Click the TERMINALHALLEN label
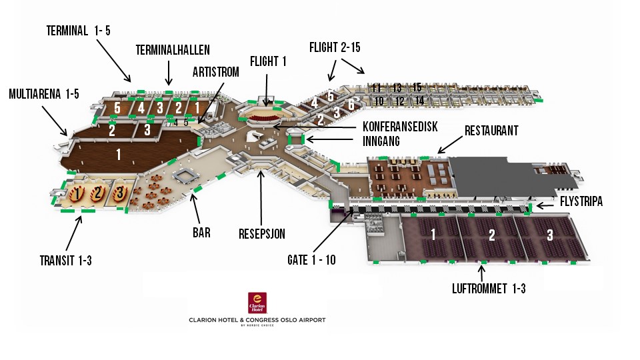(x=173, y=50)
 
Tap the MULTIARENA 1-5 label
(x=44, y=93)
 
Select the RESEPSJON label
(x=262, y=233)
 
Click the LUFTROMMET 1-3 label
(x=489, y=289)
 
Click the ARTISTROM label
(x=215, y=72)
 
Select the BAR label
(x=201, y=233)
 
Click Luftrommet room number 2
(x=492, y=235)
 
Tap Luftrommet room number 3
(x=549, y=235)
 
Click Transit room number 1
(x=77, y=194)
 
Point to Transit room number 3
(x=119, y=194)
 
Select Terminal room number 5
(x=117, y=107)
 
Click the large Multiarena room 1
(x=119, y=155)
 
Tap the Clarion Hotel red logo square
(x=257, y=303)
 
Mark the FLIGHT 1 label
(x=268, y=62)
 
